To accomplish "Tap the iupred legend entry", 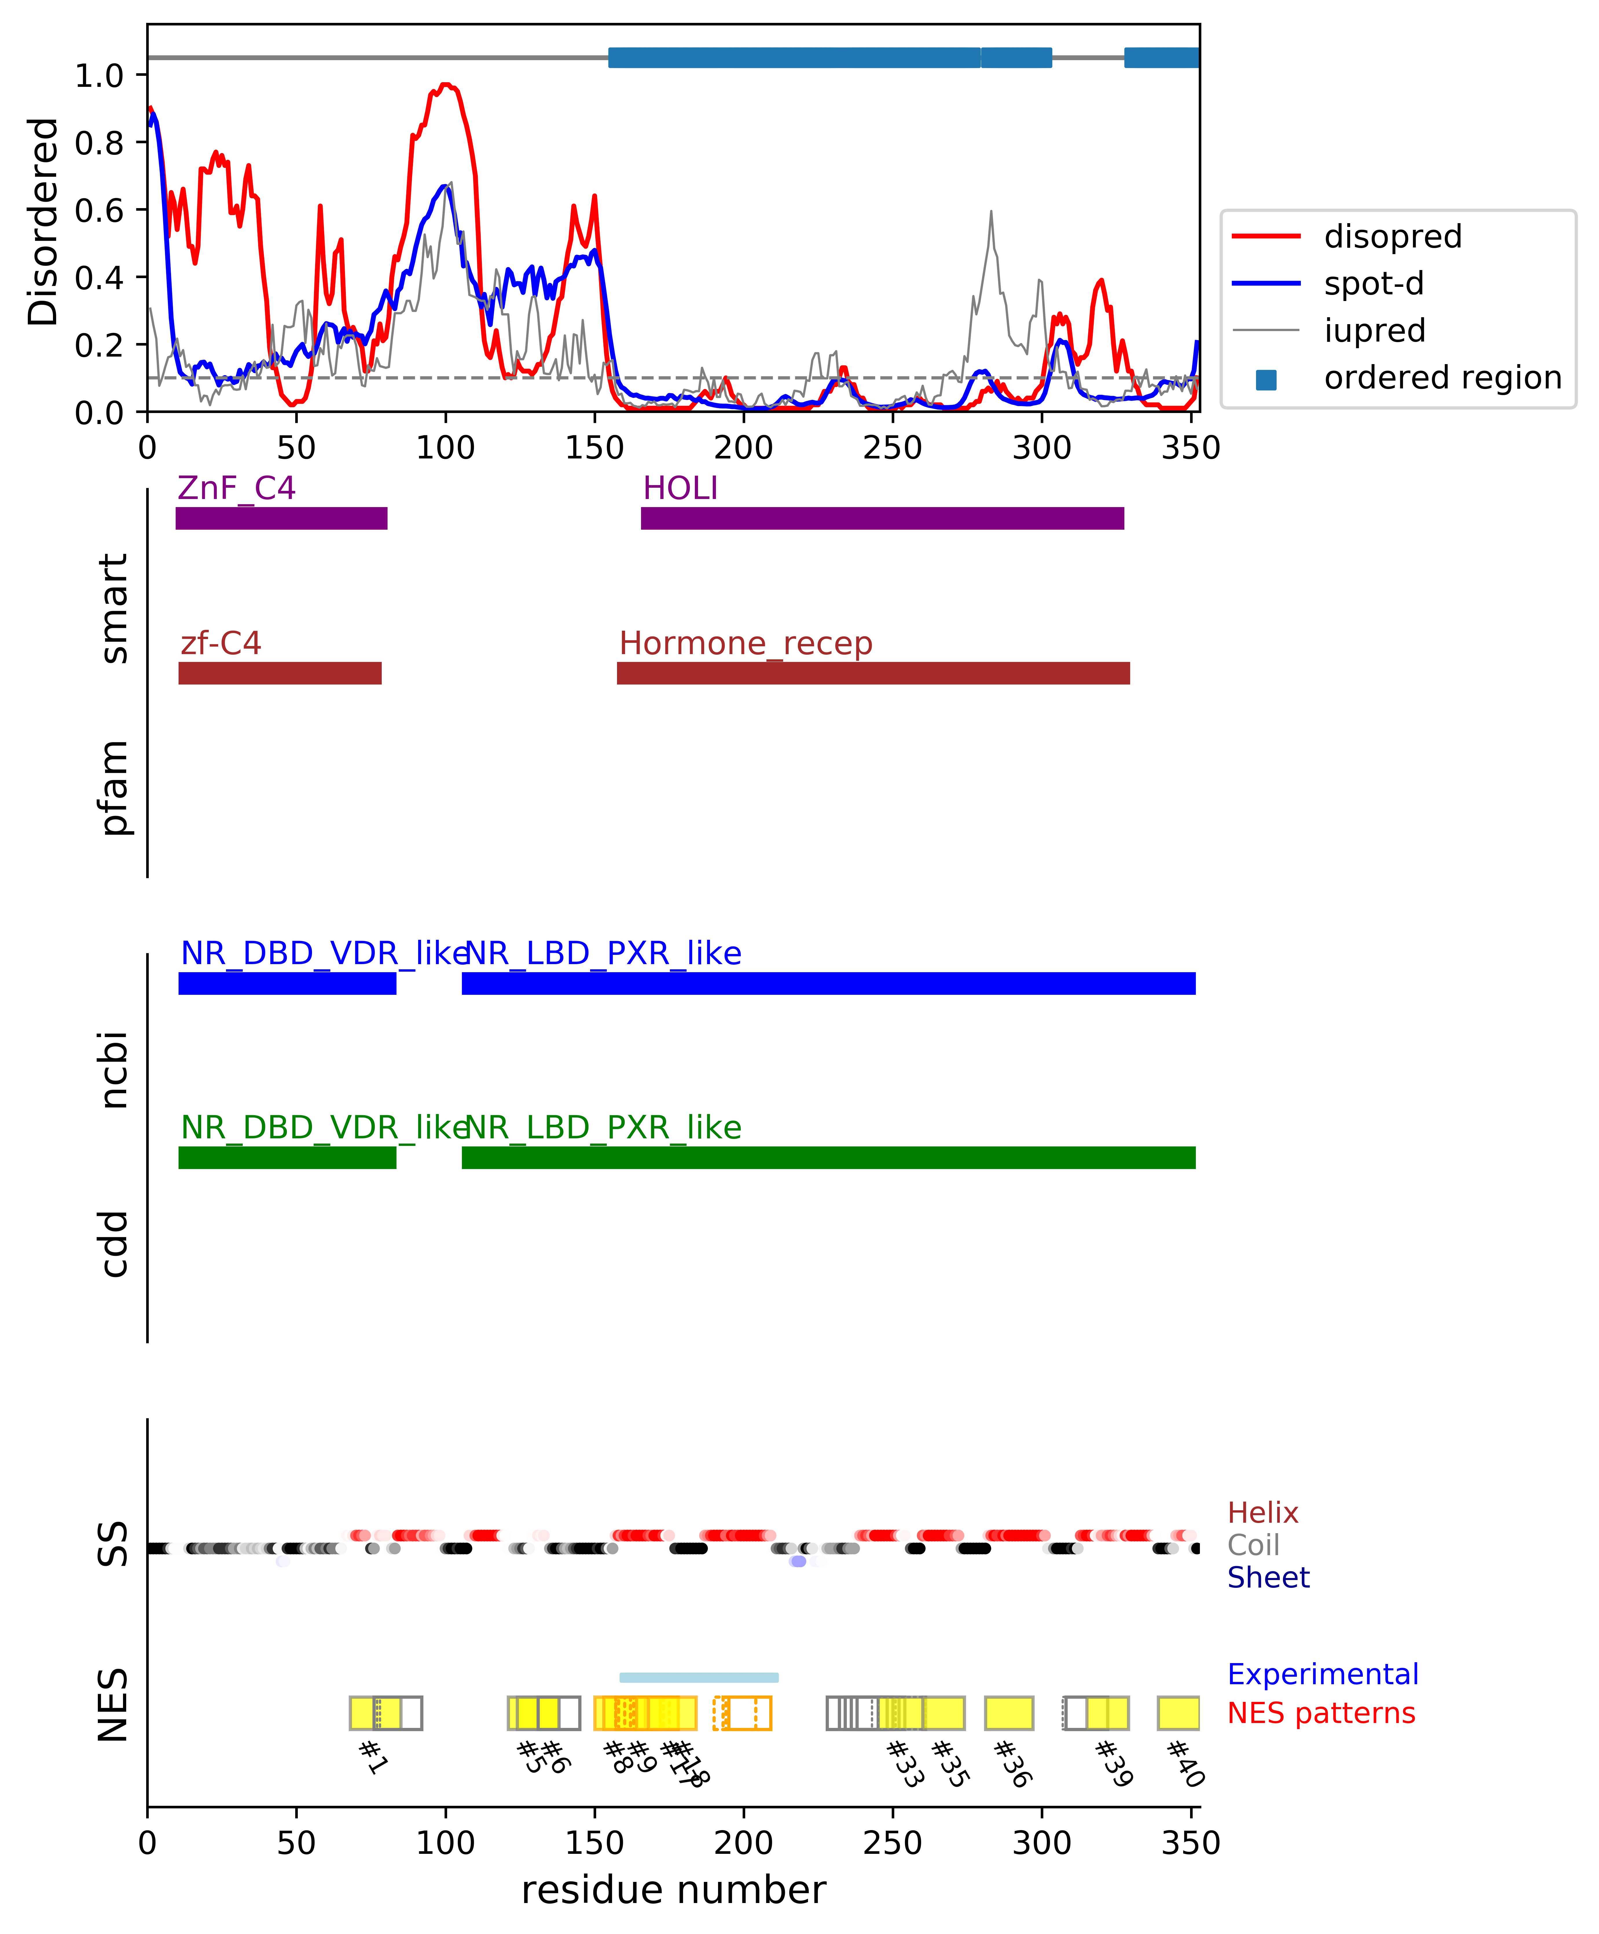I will click(1374, 331).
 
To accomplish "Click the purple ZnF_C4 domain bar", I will click(281, 518).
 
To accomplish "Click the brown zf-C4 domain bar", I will click(280, 673).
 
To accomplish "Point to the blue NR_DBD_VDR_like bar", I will click(287, 983).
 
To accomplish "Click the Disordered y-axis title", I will click(42, 221).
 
